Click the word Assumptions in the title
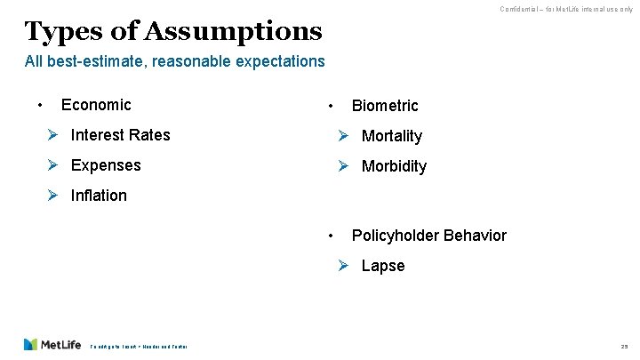231,32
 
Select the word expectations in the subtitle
280,61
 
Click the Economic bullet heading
96,105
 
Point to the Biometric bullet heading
385,106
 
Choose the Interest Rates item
120,135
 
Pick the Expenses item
106,165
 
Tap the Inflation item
99,195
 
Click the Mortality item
392,136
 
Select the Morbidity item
394,166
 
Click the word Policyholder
396,236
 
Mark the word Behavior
475,236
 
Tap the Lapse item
383,266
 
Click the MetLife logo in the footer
52,344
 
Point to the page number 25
624,345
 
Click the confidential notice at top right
565,9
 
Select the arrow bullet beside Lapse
343,266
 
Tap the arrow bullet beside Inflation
52,195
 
